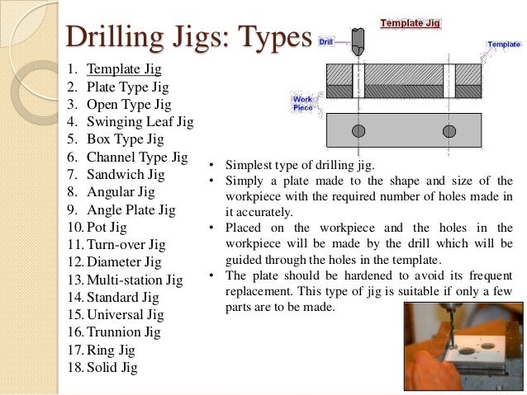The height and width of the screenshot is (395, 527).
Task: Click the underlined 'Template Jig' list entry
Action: [124, 69]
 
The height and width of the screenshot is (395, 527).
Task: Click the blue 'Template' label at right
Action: [503, 44]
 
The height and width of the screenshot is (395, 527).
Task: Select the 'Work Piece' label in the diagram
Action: [303, 103]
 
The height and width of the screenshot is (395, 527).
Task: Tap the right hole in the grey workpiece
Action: [449, 131]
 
